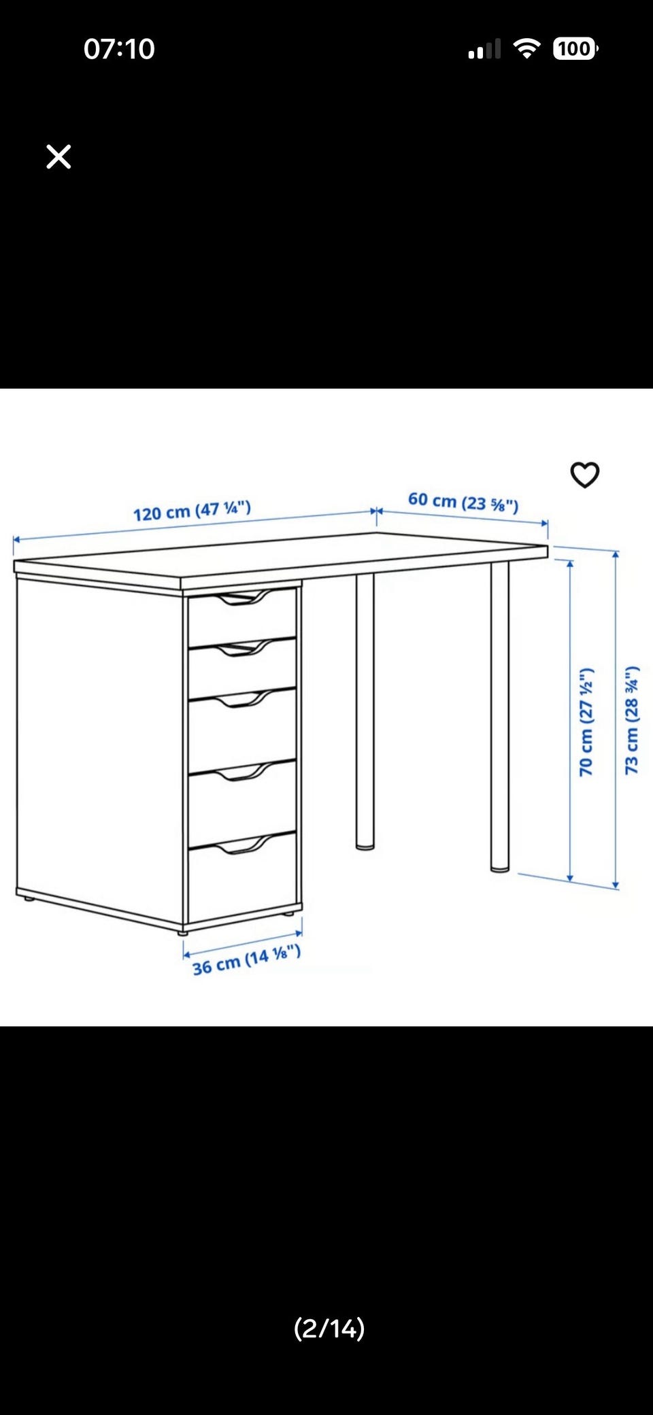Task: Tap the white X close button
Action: click(58, 156)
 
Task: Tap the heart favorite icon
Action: click(585, 475)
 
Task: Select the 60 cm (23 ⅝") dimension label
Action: click(463, 502)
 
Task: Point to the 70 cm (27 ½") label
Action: click(586, 722)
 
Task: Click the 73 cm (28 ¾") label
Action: click(632, 720)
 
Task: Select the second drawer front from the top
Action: click(242, 668)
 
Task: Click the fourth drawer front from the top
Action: click(242, 803)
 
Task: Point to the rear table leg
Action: click(365, 711)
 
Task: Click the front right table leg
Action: click(500, 717)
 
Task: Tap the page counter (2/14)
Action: click(329, 1328)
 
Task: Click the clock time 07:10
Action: click(119, 49)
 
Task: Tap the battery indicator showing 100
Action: click(575, 48)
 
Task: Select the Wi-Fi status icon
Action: click(526, 48)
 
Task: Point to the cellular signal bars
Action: click(484, 49)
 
